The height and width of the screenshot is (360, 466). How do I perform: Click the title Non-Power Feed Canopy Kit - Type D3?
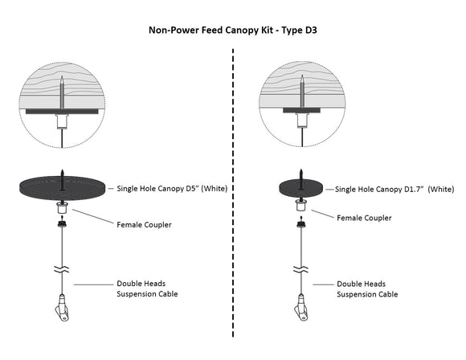coord(233,31)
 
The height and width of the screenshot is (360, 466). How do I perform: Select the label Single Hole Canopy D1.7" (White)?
coord(394,189)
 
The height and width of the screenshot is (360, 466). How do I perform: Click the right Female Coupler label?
coord(364,217)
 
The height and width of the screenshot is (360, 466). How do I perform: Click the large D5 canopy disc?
coord(63,190)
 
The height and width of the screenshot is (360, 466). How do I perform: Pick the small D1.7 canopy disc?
coord(300,189)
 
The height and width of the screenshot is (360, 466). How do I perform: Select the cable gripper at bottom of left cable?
coord(63,309)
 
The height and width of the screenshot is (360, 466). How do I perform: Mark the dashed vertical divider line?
coord(233,201)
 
